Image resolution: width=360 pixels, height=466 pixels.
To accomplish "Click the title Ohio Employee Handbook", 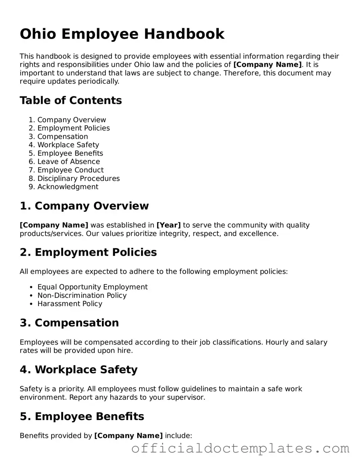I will point(122,34).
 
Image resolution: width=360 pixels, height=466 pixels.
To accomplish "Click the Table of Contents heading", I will point(71,100).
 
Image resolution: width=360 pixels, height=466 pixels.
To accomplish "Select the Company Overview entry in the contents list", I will point(72,120).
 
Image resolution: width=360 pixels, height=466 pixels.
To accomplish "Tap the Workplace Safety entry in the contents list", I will point(68,145).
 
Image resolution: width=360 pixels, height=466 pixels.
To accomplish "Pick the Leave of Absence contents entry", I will point(69,161).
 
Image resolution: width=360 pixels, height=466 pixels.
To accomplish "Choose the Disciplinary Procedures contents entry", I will point(79,178).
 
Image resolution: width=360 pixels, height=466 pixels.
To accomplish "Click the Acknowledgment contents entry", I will point(68,187).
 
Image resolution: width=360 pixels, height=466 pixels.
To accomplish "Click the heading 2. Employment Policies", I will point(88,253).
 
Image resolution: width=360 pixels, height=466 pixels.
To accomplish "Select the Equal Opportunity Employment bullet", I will point(92,287).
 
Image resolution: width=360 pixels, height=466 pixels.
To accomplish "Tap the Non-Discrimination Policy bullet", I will point(82,295).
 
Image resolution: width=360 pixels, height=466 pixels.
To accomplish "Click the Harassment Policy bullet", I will point(70,304).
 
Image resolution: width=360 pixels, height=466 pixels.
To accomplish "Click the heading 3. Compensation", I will point(69,323).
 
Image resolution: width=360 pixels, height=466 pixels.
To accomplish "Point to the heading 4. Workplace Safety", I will point(79,370).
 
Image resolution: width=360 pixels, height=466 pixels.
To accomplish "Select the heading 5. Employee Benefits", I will point(82,416).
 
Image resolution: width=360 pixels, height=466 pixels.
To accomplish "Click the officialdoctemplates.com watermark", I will point(240,449).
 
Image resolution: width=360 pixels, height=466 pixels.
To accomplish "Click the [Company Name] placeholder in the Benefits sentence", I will point(128,436).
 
